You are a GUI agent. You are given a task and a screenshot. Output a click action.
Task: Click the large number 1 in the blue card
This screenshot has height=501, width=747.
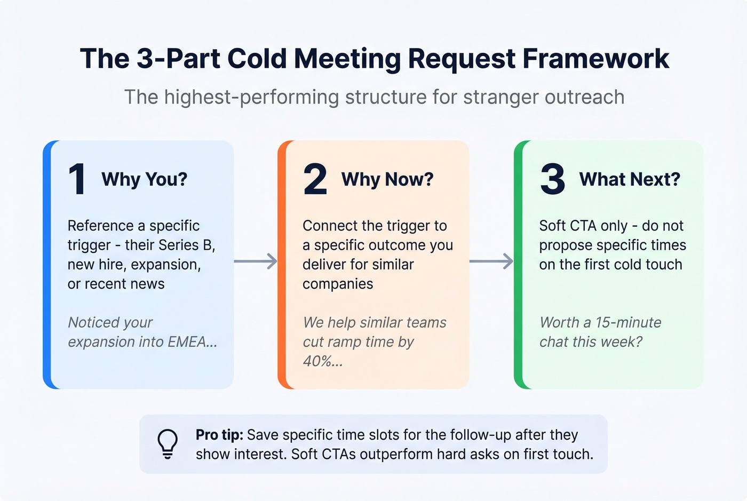77,179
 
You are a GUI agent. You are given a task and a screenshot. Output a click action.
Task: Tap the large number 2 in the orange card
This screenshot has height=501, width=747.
315,179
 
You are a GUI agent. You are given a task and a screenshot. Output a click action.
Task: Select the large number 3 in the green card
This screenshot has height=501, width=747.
552,179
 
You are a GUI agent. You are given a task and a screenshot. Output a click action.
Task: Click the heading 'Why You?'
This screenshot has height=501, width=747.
144,179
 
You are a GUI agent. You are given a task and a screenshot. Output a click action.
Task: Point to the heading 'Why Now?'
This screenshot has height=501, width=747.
387,179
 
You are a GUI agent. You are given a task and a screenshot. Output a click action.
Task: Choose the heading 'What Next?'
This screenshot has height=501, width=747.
630,179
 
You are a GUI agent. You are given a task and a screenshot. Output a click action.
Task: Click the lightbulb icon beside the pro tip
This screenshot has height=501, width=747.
167,444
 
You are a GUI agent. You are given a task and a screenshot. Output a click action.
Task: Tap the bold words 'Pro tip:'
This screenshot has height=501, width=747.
219,435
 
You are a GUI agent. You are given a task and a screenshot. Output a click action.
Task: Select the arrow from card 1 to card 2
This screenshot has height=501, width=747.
256,261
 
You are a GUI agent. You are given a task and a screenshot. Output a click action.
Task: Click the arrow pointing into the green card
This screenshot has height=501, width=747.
491,261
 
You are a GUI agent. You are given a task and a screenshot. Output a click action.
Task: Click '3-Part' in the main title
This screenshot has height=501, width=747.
178,59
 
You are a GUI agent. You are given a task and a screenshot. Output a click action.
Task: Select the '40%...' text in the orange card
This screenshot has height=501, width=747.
322,362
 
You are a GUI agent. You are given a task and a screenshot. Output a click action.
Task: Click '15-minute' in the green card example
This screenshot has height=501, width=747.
628,323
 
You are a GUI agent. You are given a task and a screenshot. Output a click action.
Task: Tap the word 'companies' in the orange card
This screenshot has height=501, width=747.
338,284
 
